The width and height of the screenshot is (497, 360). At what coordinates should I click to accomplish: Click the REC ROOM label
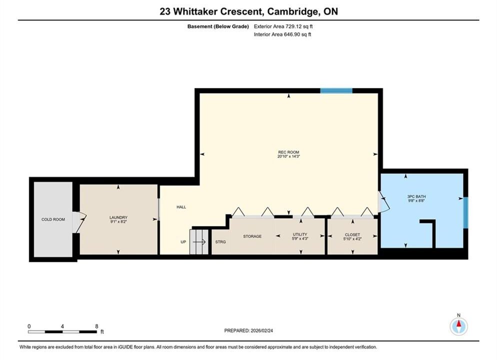pos(288,152)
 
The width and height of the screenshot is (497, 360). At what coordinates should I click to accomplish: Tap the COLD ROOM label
pos(53,219)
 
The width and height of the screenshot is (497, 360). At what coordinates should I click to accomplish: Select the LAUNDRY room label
pos(118,217)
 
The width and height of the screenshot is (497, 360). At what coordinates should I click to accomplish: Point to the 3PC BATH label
pos(416,196)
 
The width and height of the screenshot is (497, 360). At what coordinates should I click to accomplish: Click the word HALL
pos(181,207)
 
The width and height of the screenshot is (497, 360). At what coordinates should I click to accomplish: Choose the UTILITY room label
pos(300,234)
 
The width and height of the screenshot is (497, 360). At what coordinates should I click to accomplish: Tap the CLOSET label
pos(352,235)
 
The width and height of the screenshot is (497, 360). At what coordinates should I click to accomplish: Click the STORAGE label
pos(252,236)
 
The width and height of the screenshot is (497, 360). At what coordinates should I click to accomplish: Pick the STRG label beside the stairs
pos(220,242)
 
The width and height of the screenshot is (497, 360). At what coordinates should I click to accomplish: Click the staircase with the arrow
pos(198,242)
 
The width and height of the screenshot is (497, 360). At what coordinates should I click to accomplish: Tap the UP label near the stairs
pos(183,242)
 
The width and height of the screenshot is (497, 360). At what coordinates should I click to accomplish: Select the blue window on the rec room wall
pos(336,90)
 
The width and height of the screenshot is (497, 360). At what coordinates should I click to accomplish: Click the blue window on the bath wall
pos(465,212)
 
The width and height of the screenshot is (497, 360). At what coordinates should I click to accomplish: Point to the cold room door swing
pos(79,222)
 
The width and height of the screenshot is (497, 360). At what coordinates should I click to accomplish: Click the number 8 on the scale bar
pos(96,326)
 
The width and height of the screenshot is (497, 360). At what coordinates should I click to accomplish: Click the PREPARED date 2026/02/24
pos(262,330)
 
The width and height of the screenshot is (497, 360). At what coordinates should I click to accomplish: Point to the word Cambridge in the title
pos(292,11)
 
